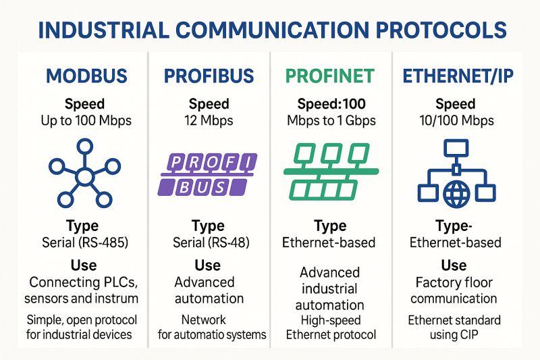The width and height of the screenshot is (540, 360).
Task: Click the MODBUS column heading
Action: pos(86,76)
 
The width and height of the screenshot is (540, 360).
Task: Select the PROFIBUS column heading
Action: pos(209,76)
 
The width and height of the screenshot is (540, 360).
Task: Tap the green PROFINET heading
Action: pos(330,76)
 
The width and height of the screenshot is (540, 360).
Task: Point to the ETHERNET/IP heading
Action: pos(458,76)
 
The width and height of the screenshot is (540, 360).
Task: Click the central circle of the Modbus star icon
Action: pos(84,177)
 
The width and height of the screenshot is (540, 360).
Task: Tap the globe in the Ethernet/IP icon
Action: pos(456,195)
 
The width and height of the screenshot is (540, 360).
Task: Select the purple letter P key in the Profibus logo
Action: pos(175,162)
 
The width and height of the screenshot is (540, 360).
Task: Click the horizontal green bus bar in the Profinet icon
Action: pos(331,171)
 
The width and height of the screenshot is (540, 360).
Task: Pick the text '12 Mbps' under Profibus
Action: pos(209,121)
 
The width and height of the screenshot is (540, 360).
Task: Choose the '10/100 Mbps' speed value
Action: pos(456,121)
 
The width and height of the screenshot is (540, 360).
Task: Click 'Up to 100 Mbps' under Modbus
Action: pos(86,121)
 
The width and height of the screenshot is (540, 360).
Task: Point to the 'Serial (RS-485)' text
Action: pos(85,242)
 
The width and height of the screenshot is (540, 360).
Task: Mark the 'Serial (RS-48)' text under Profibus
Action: pos(211,242)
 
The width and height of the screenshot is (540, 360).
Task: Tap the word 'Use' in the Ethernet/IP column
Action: pos(454,265)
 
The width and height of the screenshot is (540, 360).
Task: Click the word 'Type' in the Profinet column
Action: pos(330,226)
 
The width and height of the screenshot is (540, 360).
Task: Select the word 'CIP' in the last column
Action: pos(468,335)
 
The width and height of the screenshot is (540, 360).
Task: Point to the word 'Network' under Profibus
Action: pos(204,319)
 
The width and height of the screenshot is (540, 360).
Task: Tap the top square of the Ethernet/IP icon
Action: pos(456,148)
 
